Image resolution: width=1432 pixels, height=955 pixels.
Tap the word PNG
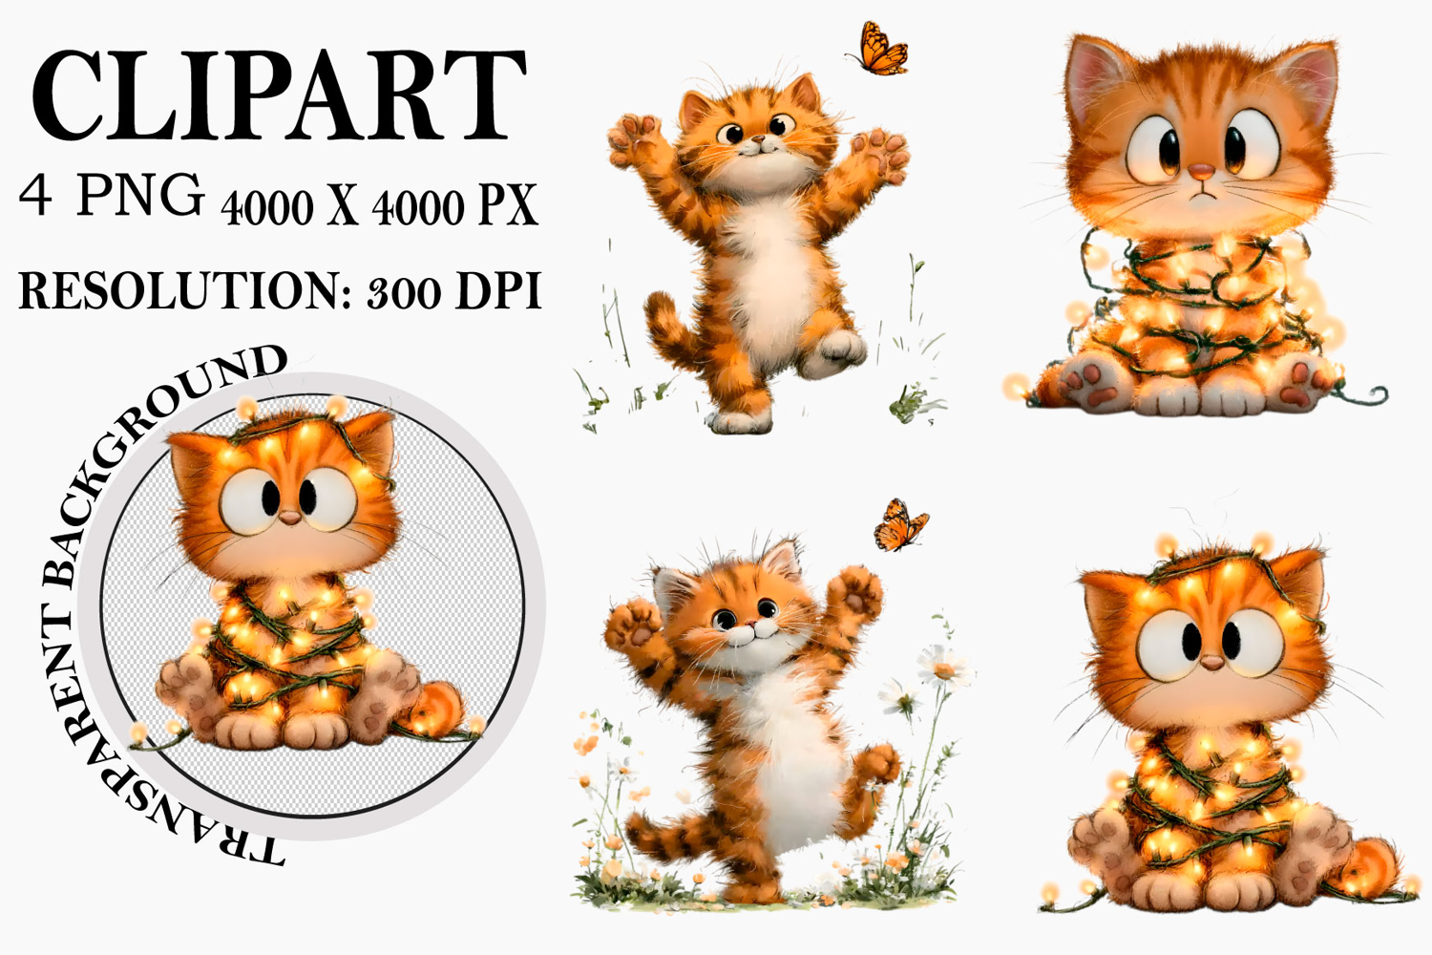(x=140, y=194)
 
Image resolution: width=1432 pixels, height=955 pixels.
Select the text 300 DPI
(x=454, y=291)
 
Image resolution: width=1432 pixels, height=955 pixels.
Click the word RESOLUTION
(x=185, y=291)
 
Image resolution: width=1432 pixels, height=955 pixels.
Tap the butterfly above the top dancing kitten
(x=877, y=50)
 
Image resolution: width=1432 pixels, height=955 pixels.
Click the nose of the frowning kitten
(x=1201, y=172)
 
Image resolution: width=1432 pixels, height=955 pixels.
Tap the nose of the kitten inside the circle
(x=289, y=518)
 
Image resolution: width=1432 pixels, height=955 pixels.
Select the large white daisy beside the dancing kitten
(x=944, y=668)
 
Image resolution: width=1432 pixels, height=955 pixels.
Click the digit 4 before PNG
(x=35, y=196)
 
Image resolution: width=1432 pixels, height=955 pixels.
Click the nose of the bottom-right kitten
(x=1211, y=662)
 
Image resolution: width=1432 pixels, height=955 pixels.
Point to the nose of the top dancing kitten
(x=758, y=138)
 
